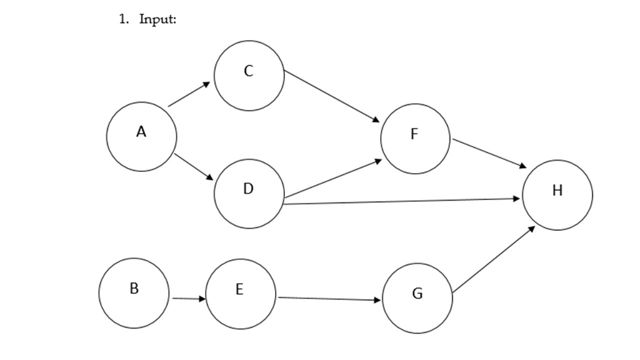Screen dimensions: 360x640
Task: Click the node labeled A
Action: [141, 136]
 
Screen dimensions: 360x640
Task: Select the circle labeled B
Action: [134, 292]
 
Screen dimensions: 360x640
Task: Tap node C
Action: [249, 76]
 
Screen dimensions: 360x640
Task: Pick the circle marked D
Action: [249, 193]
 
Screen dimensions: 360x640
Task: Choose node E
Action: [241, 294]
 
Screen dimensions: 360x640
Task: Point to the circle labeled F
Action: [415, 138]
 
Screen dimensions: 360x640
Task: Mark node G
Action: [417, 298]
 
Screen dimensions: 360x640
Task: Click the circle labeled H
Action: [557, 194]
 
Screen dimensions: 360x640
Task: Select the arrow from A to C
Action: [189, 94]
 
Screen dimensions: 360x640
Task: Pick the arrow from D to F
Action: [332, 179]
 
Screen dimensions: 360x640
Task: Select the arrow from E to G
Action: [329, 299]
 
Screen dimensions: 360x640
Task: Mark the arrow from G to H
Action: [494, 259]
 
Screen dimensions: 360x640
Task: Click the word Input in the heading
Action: [157, 19]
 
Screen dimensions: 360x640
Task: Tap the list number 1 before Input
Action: [123, 19]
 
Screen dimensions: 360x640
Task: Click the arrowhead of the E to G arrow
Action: [377, 301]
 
